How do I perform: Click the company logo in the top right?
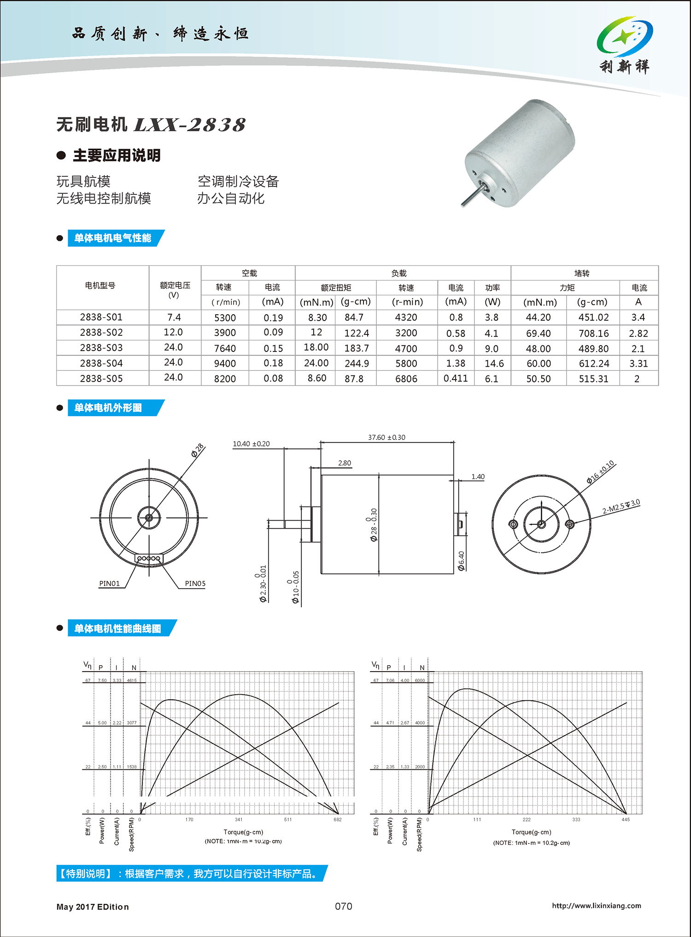pos(625,45)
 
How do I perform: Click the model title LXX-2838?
pos(189,125)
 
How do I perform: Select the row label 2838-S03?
pos(101,348)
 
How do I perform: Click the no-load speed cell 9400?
pos(225,363)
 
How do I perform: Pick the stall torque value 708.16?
pos(593,333)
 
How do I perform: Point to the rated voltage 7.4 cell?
pos(174,317)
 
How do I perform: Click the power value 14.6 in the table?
pos(494,363)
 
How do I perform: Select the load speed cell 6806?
pos(406,379)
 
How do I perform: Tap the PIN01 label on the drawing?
pos(110,584)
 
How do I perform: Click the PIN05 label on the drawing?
pos(195,584)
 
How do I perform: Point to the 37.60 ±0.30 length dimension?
pos(386,437)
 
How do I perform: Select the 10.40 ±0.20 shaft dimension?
pos(251,444)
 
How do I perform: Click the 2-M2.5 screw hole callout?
pos(621,506)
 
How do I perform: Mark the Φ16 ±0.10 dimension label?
pos(600,472)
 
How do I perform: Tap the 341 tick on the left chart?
pos(239,820)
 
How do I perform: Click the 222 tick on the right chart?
pos(527,820)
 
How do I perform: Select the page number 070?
pos(344,906)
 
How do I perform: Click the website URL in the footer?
pos(596,906)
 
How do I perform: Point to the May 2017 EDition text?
pos(93,907)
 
